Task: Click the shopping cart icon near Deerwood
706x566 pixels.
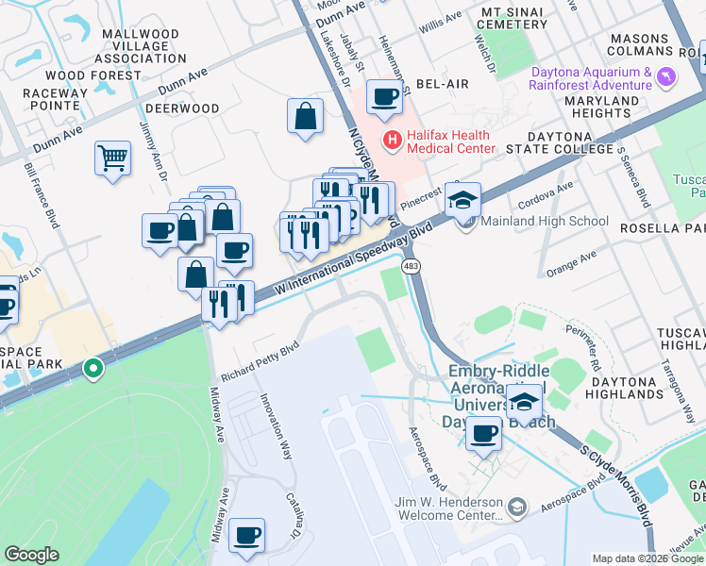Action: (112, 158)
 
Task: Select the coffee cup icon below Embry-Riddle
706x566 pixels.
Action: (484, 433)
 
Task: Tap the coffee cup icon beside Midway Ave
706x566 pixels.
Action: (247, 535)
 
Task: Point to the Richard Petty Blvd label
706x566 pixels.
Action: (261, 361)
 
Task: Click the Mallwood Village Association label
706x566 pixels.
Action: (140, 46)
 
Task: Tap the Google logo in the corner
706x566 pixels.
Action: (32, 555)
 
